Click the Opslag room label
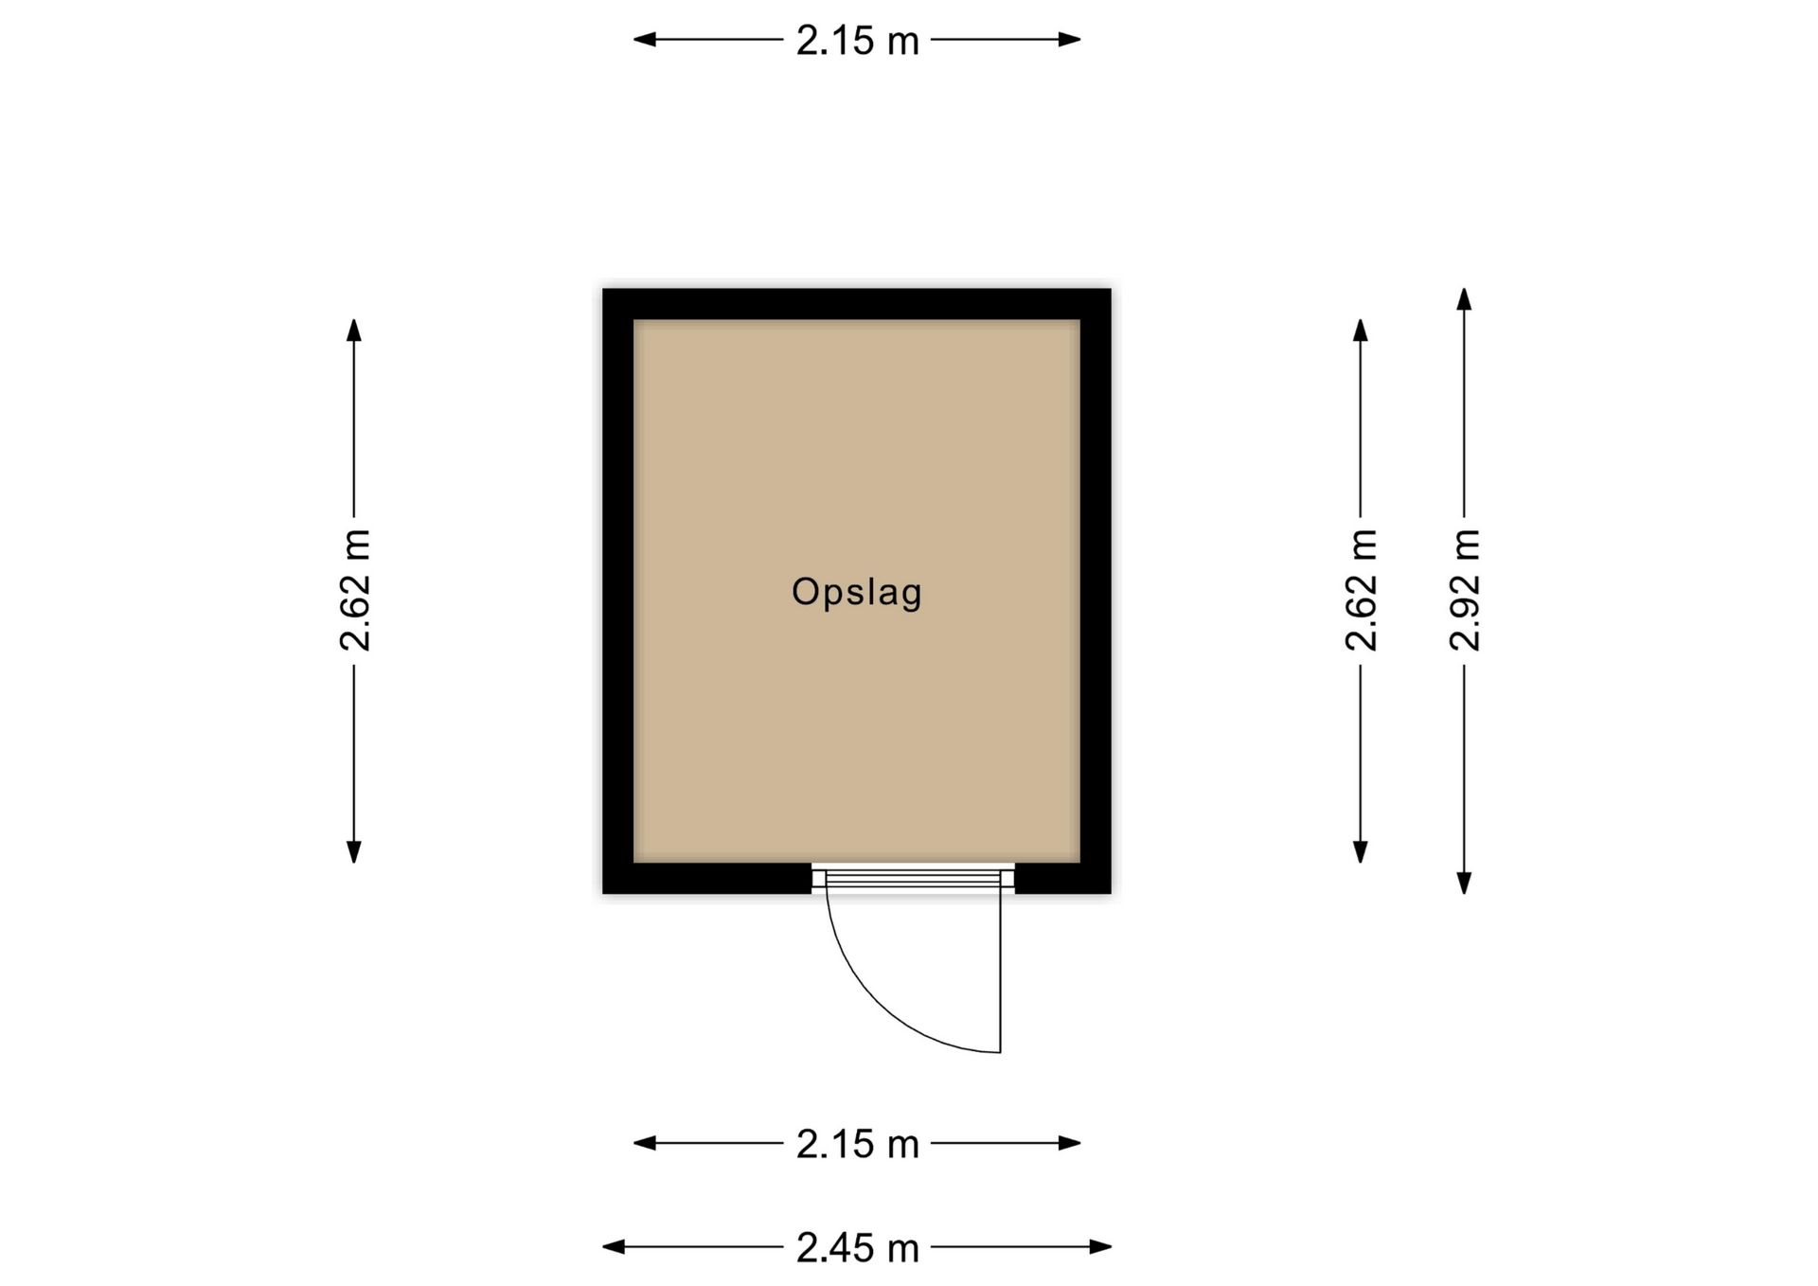tap(856, 592)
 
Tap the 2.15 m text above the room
tap(857, 41)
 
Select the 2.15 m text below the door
tap(857, 1144)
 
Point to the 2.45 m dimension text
tap(857, 1248)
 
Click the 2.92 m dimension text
tap(1464, 590)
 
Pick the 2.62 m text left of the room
tap(354, 590)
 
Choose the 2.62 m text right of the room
tap(1361, 590)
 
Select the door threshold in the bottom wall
tap(913, 879)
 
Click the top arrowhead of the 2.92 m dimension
tap(1464, 298)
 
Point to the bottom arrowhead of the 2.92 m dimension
tap(1464, 884)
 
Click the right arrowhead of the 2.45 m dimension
tap(1100, 1246)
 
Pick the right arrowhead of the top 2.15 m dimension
tap(1070, 40)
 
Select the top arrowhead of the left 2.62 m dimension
tap(354, 330)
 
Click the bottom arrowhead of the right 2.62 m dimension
tap(1361, 852)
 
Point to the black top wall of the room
tap(856, 304)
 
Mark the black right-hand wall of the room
tap(1096, 590)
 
